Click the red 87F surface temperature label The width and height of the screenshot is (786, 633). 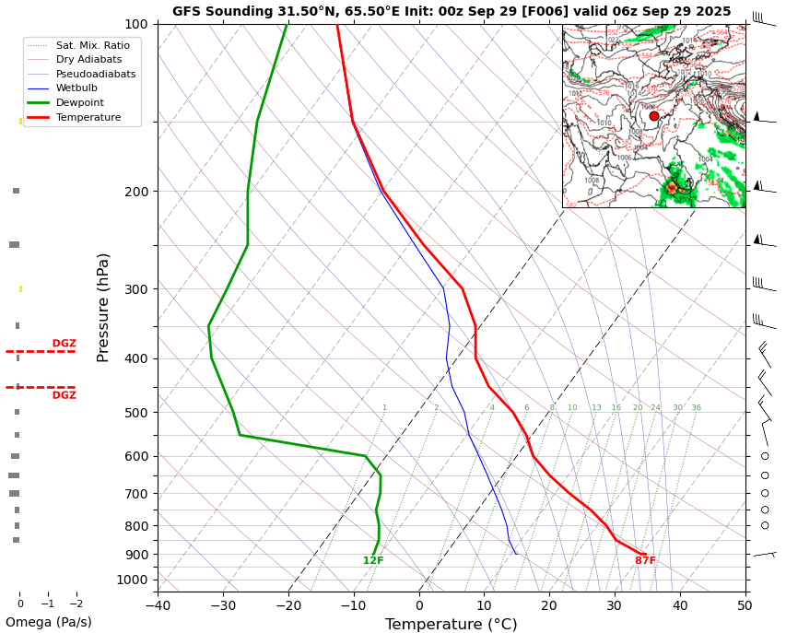point(645,561)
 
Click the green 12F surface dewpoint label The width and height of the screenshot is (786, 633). point(373,561)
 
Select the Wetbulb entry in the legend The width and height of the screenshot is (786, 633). point(76,88)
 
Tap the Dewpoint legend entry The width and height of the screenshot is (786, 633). point(79,103)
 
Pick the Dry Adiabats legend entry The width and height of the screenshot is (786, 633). point(88,60)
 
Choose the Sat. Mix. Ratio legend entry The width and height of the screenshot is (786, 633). point(92,45)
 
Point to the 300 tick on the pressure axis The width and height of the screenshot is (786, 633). point(136,289)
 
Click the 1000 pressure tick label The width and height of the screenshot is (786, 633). point(133,580)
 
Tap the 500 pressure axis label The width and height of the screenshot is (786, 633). point(136,413)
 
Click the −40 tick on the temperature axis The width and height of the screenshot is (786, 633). point(158,605)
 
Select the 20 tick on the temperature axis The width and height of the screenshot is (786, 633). point(549,605)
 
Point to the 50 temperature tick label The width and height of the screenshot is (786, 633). point(745,605)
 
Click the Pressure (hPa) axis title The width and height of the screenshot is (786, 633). point(104,307)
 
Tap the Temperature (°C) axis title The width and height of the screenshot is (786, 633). point(451,625)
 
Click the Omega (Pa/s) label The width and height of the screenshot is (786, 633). point(49,623)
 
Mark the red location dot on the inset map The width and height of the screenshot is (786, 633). point(654,116)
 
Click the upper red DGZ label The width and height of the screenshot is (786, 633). point(64,344)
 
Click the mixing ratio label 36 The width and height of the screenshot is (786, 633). point(696,408)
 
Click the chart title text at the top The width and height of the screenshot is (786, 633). point(452,12)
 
